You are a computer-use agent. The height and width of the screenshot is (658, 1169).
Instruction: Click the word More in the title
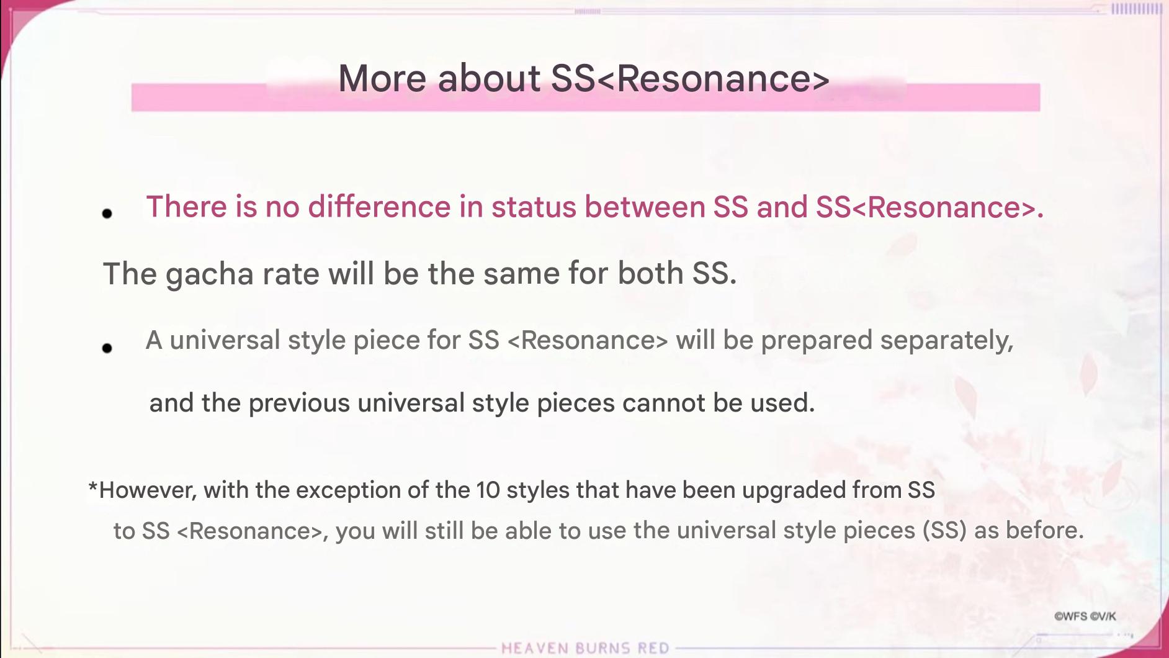point(382,79)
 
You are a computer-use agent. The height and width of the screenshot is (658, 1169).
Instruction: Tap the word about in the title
point(489,79)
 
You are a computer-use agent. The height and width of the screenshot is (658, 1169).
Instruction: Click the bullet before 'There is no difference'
point(107,214)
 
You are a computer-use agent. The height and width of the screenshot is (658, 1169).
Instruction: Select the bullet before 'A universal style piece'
point(107,348)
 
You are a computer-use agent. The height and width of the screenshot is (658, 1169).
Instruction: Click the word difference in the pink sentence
point(379,207)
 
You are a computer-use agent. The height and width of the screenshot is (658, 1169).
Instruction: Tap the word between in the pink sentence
point(645,207)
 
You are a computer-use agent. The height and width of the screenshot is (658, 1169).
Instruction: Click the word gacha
point(210,274)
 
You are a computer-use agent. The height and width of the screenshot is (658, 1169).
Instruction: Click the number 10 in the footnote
point(488,490)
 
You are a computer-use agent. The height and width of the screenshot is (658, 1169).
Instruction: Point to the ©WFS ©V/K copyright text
point(1085,616)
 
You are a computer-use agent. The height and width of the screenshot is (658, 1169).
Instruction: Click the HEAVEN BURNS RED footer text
point(585,648)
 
